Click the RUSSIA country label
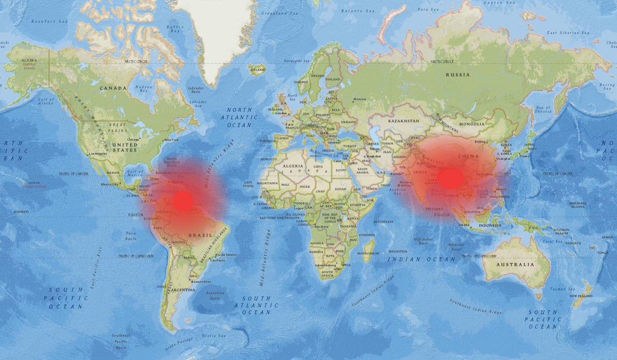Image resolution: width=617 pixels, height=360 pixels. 458,75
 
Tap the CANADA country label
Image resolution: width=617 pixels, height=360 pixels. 113,88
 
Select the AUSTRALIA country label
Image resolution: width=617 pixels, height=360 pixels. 515,264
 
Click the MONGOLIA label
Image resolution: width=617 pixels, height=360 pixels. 471,124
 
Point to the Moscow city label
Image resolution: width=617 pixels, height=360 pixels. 359,99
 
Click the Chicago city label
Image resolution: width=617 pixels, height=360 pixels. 133,139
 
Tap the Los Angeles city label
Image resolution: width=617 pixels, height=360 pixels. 99,154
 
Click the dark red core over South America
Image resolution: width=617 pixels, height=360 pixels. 183,201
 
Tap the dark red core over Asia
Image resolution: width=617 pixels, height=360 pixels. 450,178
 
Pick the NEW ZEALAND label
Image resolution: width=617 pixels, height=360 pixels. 580,297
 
